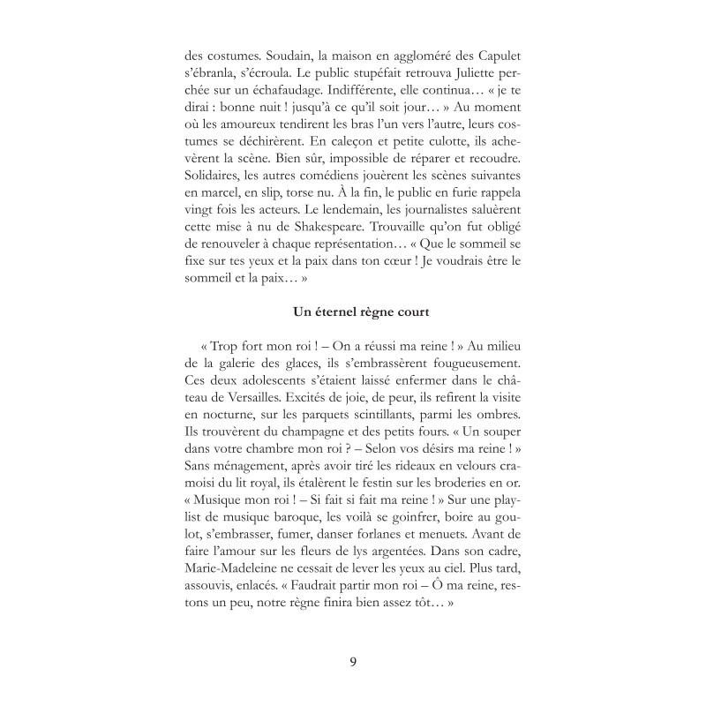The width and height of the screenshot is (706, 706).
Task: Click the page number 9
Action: point(353,663)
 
